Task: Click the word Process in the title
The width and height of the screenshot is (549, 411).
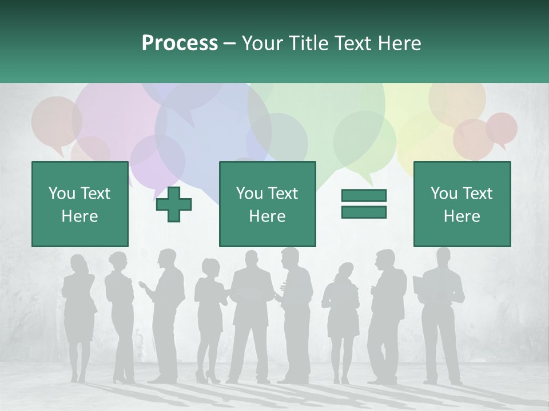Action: (180, 43)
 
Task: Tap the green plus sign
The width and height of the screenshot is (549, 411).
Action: (174, 204)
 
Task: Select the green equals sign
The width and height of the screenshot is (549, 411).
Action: (364, 204)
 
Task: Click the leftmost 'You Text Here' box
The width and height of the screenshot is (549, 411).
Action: (79, 204)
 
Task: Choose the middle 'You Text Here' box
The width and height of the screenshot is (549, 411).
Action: (267, 204)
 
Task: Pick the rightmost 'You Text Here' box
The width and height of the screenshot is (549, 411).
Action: (462, 204)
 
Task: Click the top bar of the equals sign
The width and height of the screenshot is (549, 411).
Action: (364, 196)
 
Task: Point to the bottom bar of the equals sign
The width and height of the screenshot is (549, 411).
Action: (364, 212)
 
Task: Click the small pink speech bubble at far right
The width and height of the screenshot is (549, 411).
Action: (502, 128)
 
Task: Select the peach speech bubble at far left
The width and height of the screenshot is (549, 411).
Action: (56, 122)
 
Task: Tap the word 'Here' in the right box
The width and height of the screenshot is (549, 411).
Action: (462, 216)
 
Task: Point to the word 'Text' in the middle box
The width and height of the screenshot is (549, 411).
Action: (283, 194)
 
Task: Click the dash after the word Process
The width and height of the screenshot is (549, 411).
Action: (230, 43)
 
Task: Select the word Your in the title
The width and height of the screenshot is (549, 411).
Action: (260, 43)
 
